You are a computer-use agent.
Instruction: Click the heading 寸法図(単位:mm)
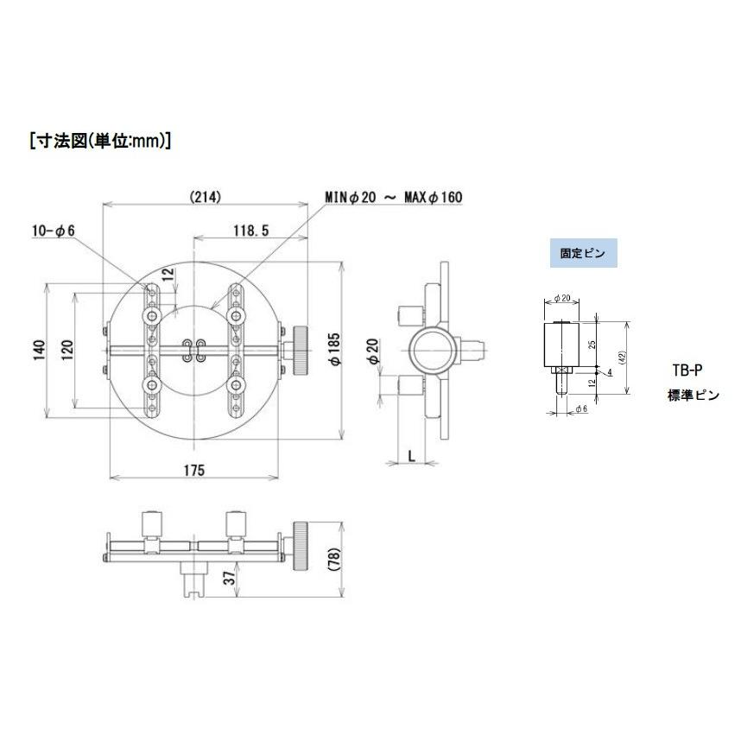(x=100, y=141)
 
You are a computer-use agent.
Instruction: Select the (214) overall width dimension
(x=205, y=197)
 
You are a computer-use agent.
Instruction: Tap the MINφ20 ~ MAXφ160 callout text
(x=394, y=198)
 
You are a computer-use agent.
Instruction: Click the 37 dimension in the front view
(x=228, y=579)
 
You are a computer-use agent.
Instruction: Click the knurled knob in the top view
(x=301, y=350)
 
